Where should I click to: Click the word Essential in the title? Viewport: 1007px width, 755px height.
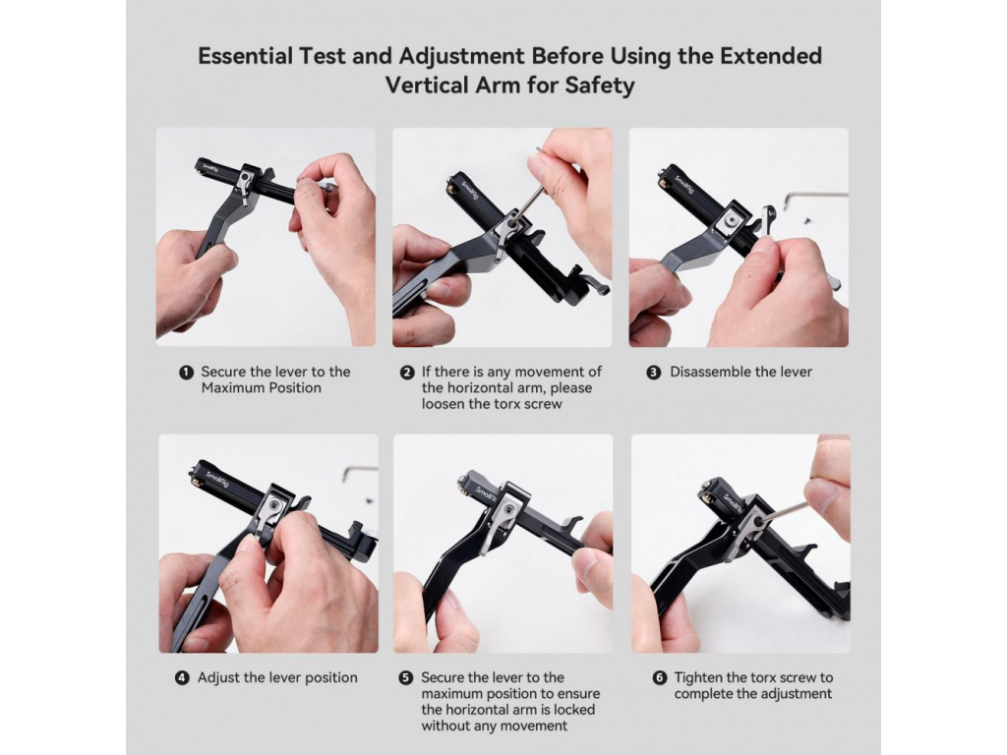[x=245, y=56]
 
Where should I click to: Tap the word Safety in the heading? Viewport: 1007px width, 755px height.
[x=600, y=87]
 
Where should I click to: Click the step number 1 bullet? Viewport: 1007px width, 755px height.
[x=186, y=373]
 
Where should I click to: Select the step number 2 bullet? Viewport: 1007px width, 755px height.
[x=407, y=373]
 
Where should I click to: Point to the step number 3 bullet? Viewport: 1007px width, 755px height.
[x=654, y=373]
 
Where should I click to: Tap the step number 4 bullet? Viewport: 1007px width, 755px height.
[x=182, y=678]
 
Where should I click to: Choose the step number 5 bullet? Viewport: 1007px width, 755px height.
[x=406, y=678]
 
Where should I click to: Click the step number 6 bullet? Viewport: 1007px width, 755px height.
[x=660, y=678]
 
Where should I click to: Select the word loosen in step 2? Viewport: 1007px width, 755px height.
[x=444, y=404]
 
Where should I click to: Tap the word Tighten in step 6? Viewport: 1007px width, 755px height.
[x=700, y=678]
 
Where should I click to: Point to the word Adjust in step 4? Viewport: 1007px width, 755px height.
[x=218, y=678]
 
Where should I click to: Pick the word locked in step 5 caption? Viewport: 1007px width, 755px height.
[x=573, y=710]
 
